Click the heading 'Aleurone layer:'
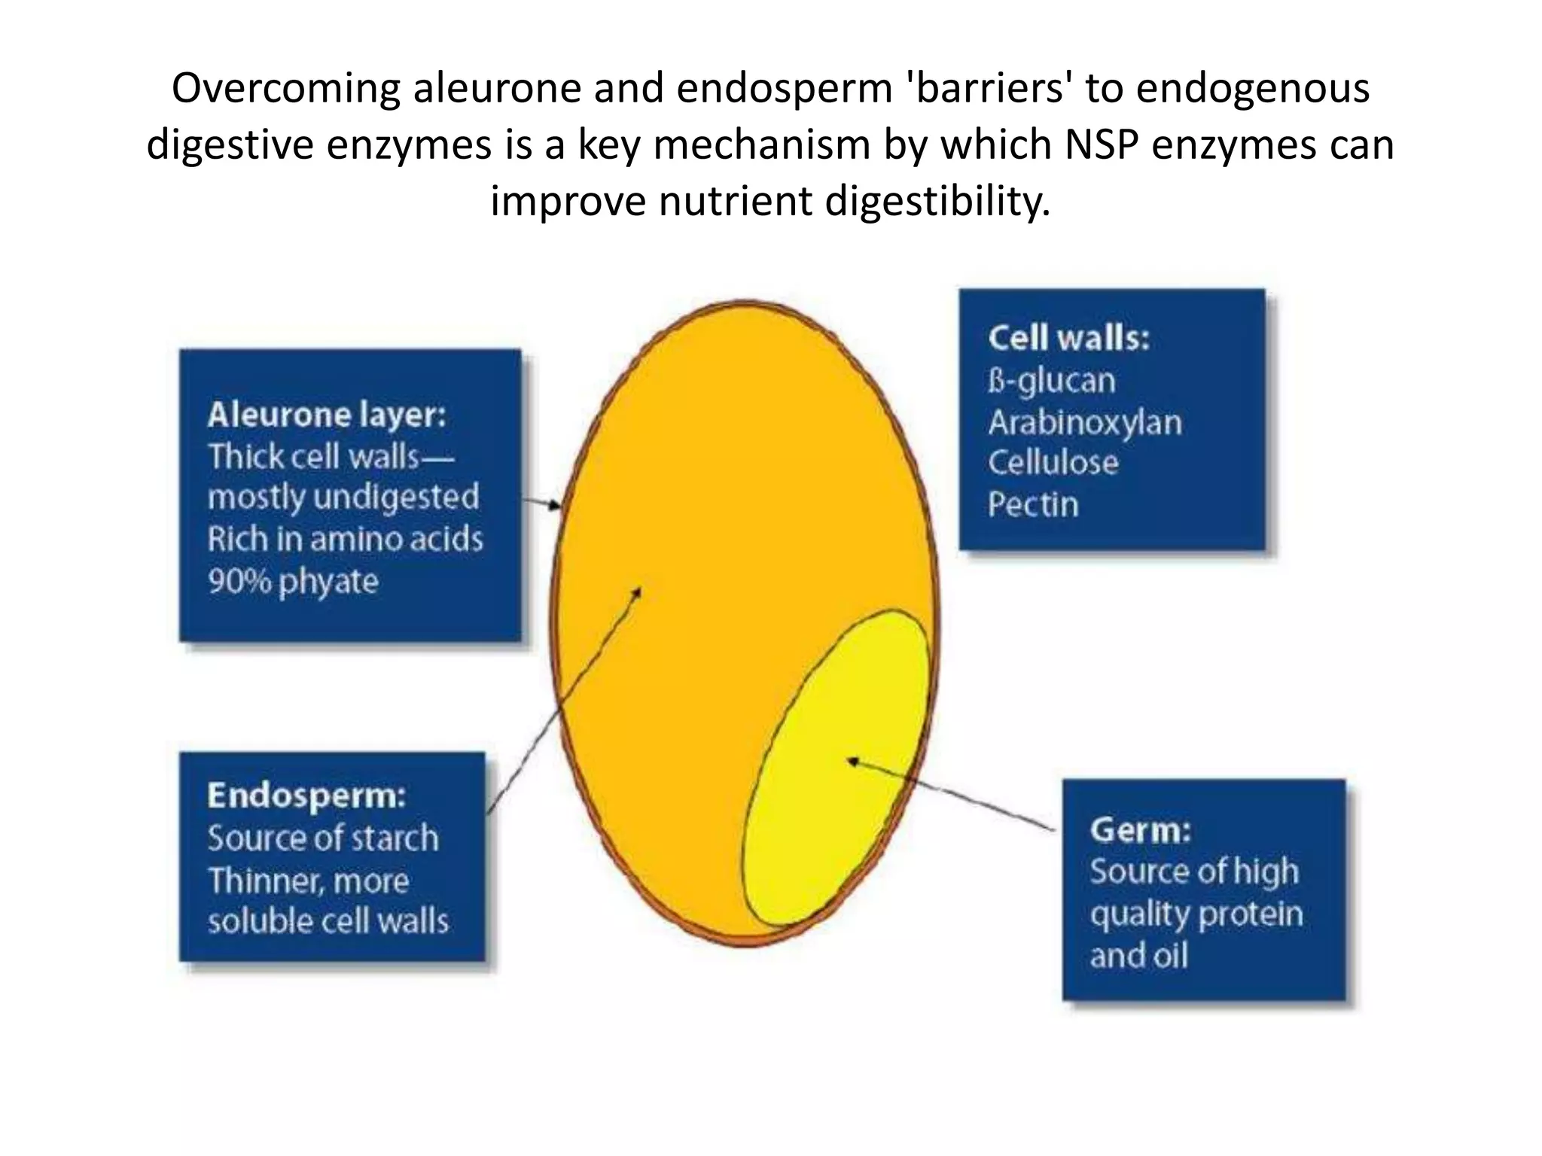pyautogui.click(x=327, y=415)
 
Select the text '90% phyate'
pyautogui.click(x=293, y=582)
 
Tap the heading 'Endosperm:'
pyautogui.click(x=306, y=796)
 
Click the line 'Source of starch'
pyautogui.click(x=323, y=838)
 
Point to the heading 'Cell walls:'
pyautogui.click(x=1068, y=338)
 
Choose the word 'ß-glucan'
pyautogui.click(x=1051, y=381)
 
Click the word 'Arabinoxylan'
pyautogui.click(x=1085, y=422)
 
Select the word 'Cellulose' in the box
pyautogui.click(x=1053, y=462)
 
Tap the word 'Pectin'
pyautogui.click(x=1033, y=504)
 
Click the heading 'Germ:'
pyautogui.click(x=1141, y=829)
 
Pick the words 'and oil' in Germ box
pyautogui.click(x=1138, y=956)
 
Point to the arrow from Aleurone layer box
pyautogui.click(x=541, y=502)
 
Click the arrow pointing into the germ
pyautogui.click(x=949, y=794)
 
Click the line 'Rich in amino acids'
pyautogui.click(x=345, y=540)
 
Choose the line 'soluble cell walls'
pyautogui.click(x=328, y=921)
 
